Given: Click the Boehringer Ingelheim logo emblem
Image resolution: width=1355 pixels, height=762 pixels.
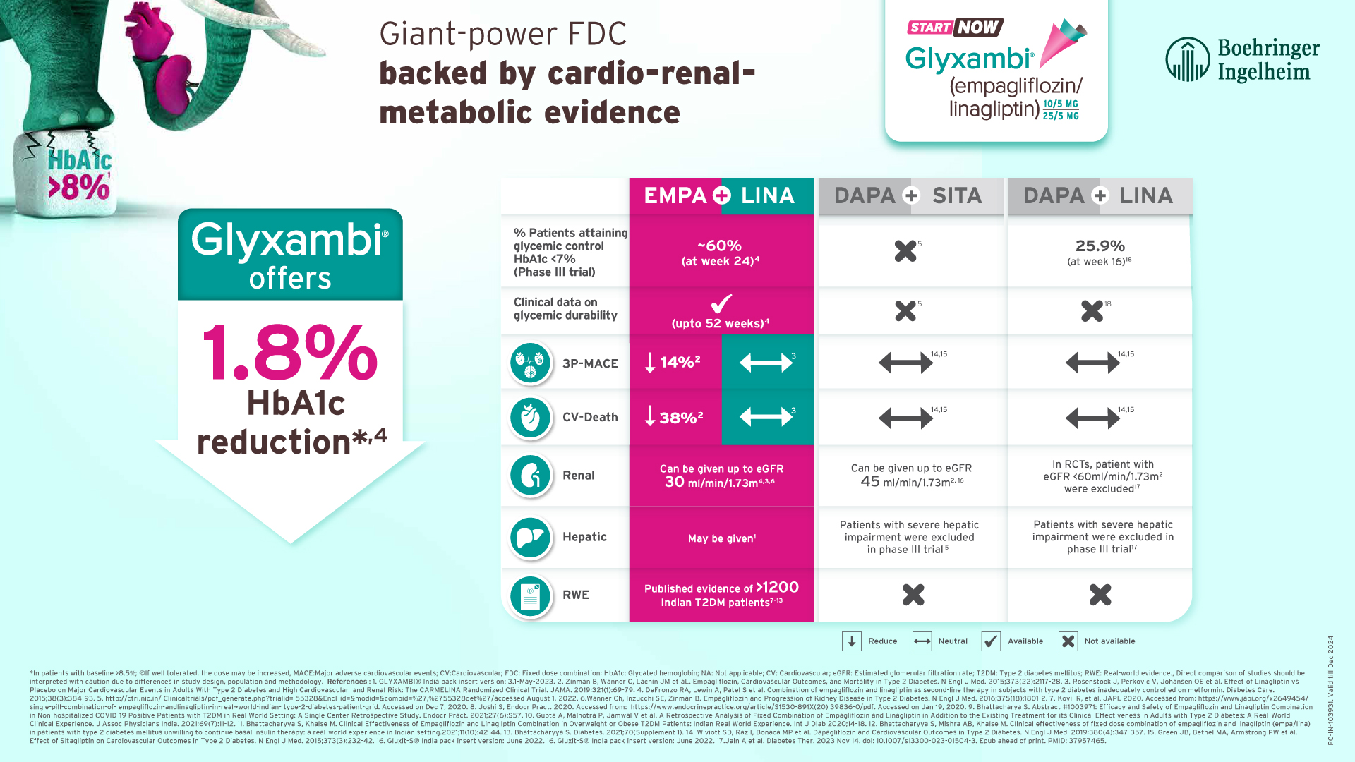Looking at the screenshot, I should click(1188, 59).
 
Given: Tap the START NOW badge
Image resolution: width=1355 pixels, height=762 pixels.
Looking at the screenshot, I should click(955, 28).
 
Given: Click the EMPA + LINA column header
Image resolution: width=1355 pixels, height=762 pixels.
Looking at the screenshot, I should click(721, 195).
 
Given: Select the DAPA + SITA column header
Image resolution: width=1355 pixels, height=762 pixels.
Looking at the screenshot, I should click(910, 195).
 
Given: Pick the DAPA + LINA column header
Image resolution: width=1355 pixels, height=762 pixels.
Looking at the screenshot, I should click(1099, 195).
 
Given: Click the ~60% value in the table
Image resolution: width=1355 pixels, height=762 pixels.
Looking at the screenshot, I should click(719, 246).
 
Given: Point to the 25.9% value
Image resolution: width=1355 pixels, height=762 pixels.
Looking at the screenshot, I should click(1100, 246).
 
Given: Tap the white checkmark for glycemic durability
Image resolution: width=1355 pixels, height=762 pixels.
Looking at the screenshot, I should click(721, 303).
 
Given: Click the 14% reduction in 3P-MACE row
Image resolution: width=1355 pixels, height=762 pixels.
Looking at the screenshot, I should click(674, 363).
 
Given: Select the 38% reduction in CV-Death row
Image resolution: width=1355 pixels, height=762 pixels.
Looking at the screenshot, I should click(674, 417).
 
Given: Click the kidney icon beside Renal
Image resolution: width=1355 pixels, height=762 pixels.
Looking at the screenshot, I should click(530, 476).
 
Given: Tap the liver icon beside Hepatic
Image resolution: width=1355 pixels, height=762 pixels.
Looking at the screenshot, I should click(530, 537).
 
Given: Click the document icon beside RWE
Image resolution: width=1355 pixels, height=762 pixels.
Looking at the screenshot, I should click(530, 596).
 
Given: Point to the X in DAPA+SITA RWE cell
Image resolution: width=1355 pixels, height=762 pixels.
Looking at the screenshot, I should click(913, 595).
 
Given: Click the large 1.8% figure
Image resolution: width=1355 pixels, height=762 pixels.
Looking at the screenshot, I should click(290, 353).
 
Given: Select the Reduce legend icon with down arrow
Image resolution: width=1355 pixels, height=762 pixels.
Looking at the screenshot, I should click(851, 641).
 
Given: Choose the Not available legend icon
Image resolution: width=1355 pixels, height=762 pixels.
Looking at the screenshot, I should click(1068, 641).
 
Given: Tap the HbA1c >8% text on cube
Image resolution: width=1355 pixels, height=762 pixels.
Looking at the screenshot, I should click(79, 174).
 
